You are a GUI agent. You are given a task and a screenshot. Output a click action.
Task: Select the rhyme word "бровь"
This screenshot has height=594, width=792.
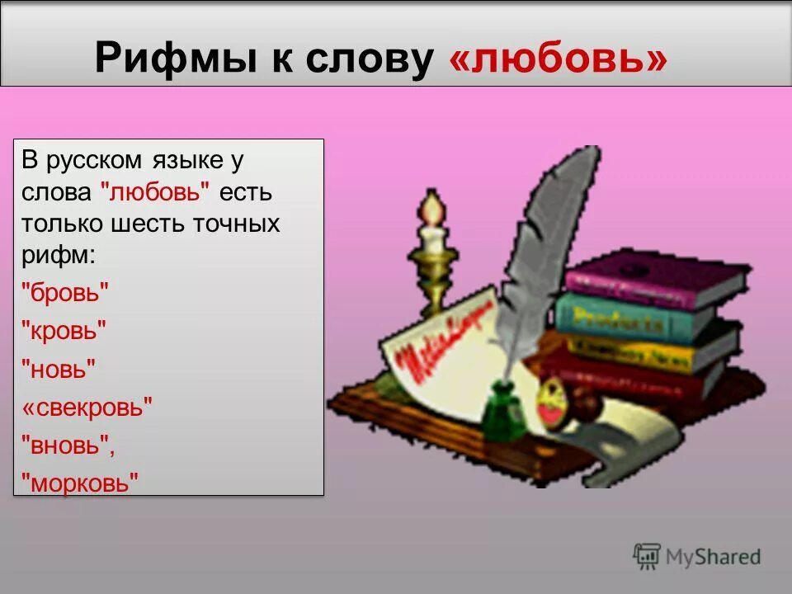[x=65, y=293]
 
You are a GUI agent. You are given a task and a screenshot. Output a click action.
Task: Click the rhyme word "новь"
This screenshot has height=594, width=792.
[x=58, y=369]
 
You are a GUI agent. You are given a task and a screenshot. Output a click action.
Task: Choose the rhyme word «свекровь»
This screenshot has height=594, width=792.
[x=87, y=408]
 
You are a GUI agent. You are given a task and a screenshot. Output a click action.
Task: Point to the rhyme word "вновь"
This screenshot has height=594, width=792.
[x=66, y=445]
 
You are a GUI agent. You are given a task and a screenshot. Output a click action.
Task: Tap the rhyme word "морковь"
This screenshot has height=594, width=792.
[x=79, y=483]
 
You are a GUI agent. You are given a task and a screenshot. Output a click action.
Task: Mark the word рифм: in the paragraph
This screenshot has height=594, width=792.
[x=59, y=255]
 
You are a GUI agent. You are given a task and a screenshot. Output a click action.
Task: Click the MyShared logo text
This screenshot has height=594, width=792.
[x=713, y=557]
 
